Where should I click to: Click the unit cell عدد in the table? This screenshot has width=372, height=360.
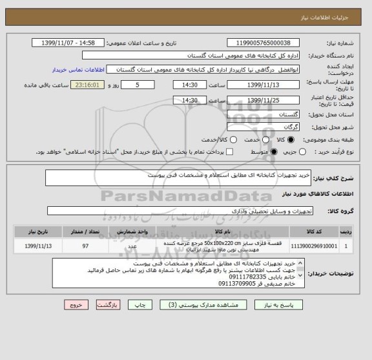[132, 246]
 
